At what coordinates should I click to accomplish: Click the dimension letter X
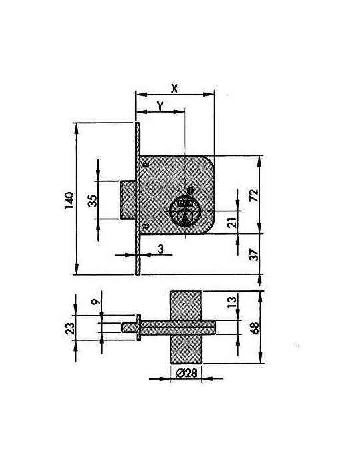(175, 89)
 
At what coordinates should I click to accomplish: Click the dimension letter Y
(161, 105)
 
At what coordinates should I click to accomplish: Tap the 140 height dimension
(69, 200)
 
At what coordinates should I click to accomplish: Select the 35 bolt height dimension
(93, 201)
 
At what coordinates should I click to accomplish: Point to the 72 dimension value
(254, 195)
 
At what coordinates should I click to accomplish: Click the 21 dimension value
(233, 222)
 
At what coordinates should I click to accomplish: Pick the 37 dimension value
(254, 255)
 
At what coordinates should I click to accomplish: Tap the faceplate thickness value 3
(161, 249)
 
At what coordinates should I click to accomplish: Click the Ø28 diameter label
(187, 373)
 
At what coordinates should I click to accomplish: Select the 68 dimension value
(255, 328)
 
